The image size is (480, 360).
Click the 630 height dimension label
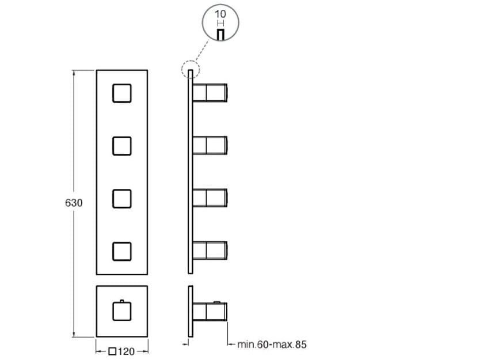point(73,203)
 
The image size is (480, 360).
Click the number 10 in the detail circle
point(219,14)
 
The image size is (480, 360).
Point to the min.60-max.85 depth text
point(272,345)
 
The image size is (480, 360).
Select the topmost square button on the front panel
point(121,93)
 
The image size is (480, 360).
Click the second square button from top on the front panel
point(121,146)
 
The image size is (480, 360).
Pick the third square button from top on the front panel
point(121,198)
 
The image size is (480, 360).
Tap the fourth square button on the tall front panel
point(121,251)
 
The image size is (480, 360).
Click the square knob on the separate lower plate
point(121,312)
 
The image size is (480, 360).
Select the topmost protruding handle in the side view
point(210,93)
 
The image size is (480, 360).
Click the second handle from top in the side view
point(210,146)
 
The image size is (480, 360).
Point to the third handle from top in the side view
point(210,198)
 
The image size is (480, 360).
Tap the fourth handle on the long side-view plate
point(210,251)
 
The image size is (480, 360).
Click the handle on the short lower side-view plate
point(210,312)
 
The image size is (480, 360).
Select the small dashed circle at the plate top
point(190,70)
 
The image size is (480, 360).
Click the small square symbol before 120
point(113,350)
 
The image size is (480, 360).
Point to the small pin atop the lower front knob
point(121,301)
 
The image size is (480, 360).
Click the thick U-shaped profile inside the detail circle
point(219,35)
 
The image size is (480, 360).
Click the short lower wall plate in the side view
point(189,312)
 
